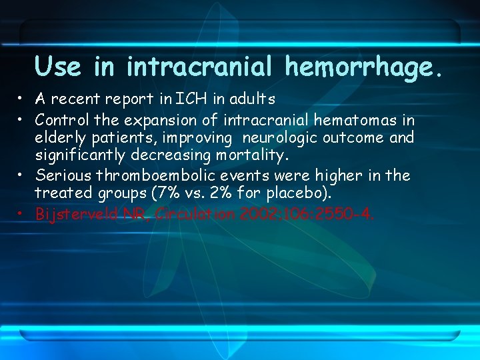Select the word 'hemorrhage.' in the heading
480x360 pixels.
coord(363,67)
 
